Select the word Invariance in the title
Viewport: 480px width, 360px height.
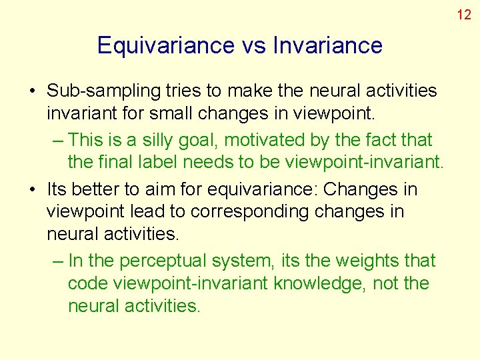(x=328, y=45)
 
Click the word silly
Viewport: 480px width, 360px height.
(x=151, y=140)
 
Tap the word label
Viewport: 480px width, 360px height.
(x=193, y=163)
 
